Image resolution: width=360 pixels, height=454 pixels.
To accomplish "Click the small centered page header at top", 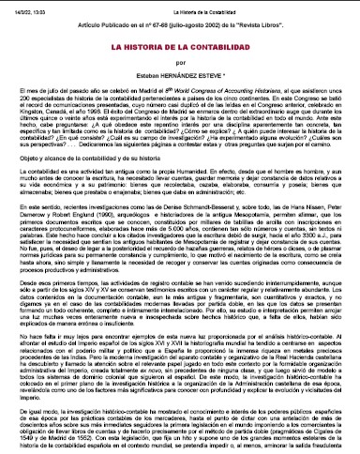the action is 179,6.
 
